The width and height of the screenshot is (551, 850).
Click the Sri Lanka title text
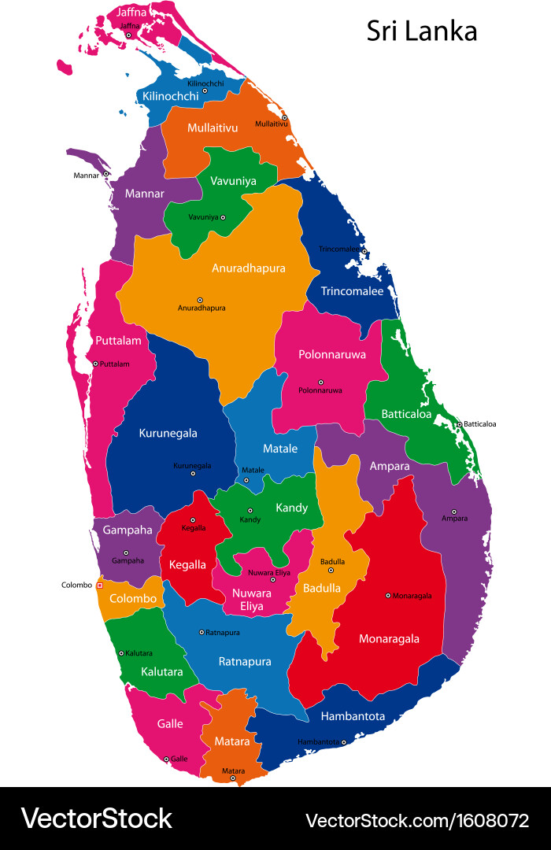(x=422, y=31)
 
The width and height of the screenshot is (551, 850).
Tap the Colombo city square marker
(x=100, y=585)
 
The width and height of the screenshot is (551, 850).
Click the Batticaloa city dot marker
(x=459, y=424)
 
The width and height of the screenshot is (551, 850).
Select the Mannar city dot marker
(x=105, y=174)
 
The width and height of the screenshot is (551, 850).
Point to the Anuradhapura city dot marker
(x=200, y=300)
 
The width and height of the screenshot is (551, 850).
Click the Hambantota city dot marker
(x=343, y=741)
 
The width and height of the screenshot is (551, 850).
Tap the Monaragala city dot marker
(x=388, y=596)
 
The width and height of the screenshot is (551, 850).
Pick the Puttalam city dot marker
(x=95, y=364)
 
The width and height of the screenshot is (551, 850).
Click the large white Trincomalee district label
(x=352, y=291)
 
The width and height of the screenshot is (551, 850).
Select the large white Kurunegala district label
(x=168, y=433)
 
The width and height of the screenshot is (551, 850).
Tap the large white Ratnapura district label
(x=245, y=661)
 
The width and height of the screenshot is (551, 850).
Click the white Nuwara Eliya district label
(x=251, y=600)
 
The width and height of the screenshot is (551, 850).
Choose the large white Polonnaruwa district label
(x=332, y=354)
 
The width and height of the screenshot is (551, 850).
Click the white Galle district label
(x=170, y=723)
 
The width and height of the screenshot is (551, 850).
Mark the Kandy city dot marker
(x=250, y=511)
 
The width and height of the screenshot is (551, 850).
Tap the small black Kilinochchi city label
(x=205, y=83)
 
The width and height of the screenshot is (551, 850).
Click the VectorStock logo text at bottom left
(x=96, y=819)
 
